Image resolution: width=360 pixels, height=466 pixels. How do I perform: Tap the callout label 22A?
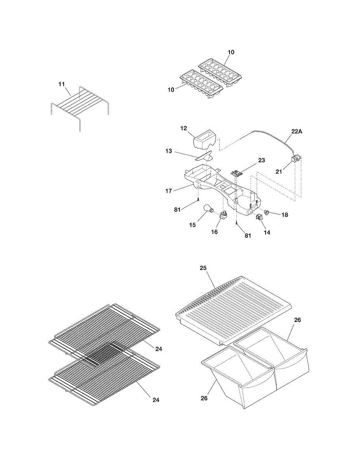tap(296, 132)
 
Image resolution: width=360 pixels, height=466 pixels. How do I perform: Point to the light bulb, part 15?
tap(209, 210)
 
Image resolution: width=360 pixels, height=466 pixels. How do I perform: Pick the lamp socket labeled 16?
tap(224, 215)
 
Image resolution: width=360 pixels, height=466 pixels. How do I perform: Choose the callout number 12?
tap(184, 129)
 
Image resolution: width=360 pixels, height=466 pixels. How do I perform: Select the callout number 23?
tap(261, 160)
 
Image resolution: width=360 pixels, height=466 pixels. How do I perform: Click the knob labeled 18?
tap(268, 212)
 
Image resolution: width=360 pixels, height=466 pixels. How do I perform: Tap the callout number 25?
tap(203, 268)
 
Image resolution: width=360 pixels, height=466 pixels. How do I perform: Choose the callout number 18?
tap(285, 215)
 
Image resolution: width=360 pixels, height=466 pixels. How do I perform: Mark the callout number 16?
tap(214, 232)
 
